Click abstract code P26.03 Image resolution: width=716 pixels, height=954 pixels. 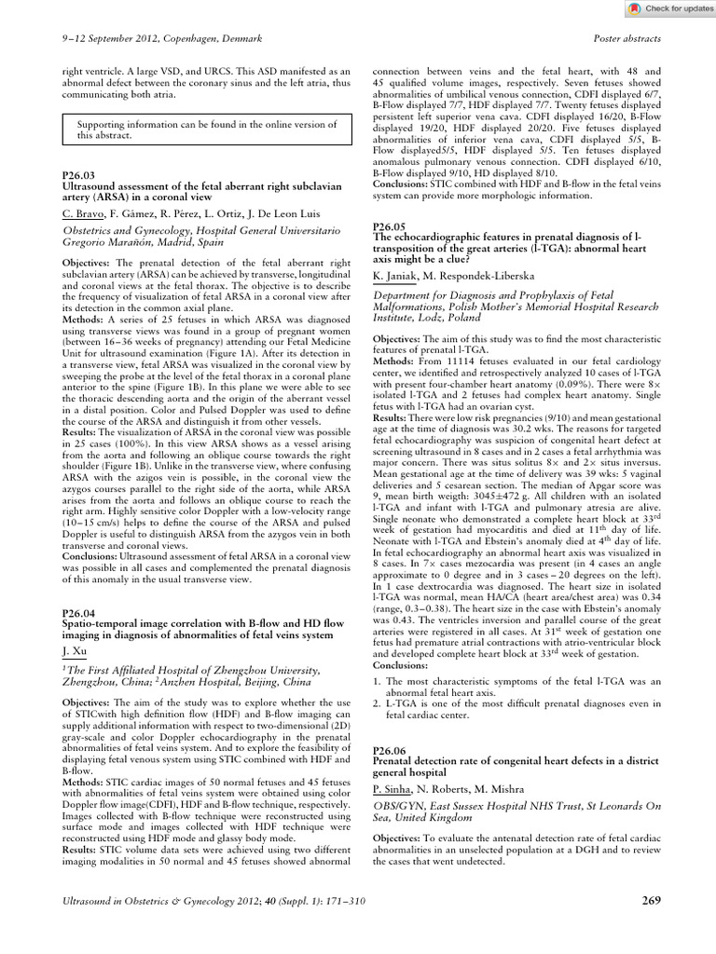tap(76, 174)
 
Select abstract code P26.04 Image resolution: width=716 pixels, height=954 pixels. tap(76, 613)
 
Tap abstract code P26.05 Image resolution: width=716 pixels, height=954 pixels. tap(388, 226)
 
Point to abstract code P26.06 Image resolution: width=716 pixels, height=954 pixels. tap(388, 750)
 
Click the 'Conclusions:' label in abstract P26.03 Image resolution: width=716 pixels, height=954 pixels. tap(92, 553)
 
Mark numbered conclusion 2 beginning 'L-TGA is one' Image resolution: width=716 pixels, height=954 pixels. tap(503, 716)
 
